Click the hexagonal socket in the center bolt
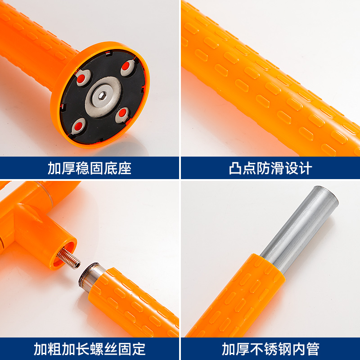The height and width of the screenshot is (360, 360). click(103, 96)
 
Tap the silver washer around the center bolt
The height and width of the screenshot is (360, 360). click(103, 97)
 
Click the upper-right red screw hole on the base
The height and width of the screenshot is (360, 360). click(126, 66)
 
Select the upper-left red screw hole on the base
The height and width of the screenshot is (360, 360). click(81, 79)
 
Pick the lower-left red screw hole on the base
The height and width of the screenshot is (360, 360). click(79, 126)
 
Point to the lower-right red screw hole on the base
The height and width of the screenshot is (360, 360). click(123, 113)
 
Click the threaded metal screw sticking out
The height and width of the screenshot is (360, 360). click(69, 258)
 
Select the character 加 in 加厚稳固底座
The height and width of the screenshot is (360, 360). click(54, 168)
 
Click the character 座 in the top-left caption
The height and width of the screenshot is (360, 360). click(125, 168)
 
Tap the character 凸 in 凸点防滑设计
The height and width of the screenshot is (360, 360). click(235, 168)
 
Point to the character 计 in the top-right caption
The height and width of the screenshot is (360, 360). click(305, 168)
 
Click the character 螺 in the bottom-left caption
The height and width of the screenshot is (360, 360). click(97, 349)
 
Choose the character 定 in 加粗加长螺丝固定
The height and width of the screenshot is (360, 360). click(139, 349)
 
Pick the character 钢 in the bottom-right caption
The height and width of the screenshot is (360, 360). click(285, 349)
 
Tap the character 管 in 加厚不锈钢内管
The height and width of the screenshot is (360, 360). click(313, 349)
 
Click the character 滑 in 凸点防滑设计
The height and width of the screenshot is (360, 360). click(277, 168)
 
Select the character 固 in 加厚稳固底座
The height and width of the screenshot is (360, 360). click(96, 168)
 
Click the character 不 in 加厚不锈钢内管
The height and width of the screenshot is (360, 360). click(256, 349)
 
